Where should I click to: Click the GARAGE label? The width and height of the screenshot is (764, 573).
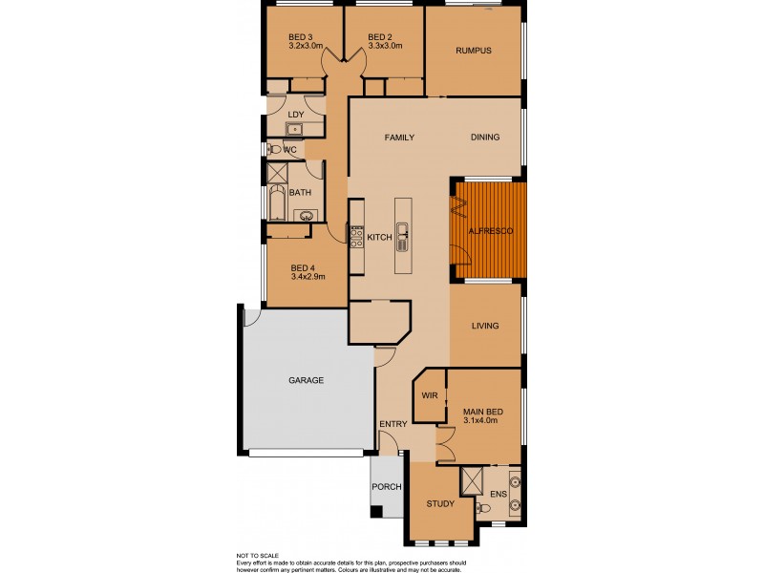click(306, 380)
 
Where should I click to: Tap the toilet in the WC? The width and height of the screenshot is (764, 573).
click(274, 150)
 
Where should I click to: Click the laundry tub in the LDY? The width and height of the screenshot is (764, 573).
click(295, 129)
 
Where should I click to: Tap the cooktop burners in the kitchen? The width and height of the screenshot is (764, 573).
click(354, 236)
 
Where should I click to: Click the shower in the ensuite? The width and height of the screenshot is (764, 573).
click(474, 480)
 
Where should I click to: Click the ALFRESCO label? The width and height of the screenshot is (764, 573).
click(490, 231)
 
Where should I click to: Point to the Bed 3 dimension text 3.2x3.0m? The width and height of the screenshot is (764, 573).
click(306, 45)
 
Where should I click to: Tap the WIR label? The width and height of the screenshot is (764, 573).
click(429, 394)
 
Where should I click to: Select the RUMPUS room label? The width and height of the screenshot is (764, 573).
click(473, 51)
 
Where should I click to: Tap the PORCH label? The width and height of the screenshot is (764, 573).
click(386, 487)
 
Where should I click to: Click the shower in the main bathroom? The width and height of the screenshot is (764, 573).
click(278, 173)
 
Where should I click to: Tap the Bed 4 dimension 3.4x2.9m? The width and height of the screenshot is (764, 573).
click(308, 277)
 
